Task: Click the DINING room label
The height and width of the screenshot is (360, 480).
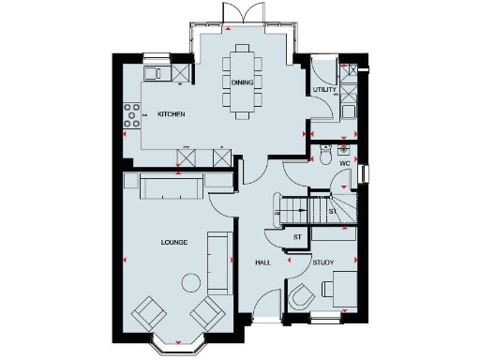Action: (x=242, y=82)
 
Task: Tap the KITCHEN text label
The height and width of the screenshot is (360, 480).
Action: (x=171, y=114)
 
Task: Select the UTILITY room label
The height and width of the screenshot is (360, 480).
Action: (x=324, y=90)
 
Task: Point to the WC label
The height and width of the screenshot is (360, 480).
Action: (x=343, y=163)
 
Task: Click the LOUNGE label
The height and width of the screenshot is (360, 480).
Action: (x=173, y=243)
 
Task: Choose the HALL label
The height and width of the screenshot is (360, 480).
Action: (x=263, y=262)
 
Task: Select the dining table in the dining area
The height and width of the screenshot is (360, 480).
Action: (x=243, y=82)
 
